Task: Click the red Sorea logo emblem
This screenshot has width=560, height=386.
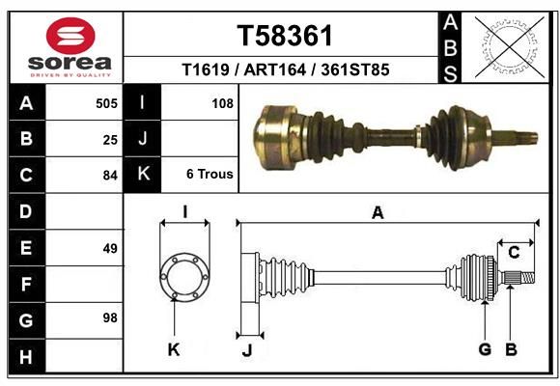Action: coord(70,36)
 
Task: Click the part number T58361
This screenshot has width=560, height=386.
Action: coord(285,36)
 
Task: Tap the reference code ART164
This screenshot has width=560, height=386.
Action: coord(274,69)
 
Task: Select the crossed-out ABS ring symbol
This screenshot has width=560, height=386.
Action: coord(510,46)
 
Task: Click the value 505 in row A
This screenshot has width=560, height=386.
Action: coord(106,103)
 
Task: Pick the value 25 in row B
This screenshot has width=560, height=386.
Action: coord(110,140)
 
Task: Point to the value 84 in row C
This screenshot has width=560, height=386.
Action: coord(110,176)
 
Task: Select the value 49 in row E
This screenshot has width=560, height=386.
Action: coord(110,249)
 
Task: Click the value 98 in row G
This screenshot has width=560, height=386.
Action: coord(110,317)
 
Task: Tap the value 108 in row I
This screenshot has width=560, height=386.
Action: coord(222,103)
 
